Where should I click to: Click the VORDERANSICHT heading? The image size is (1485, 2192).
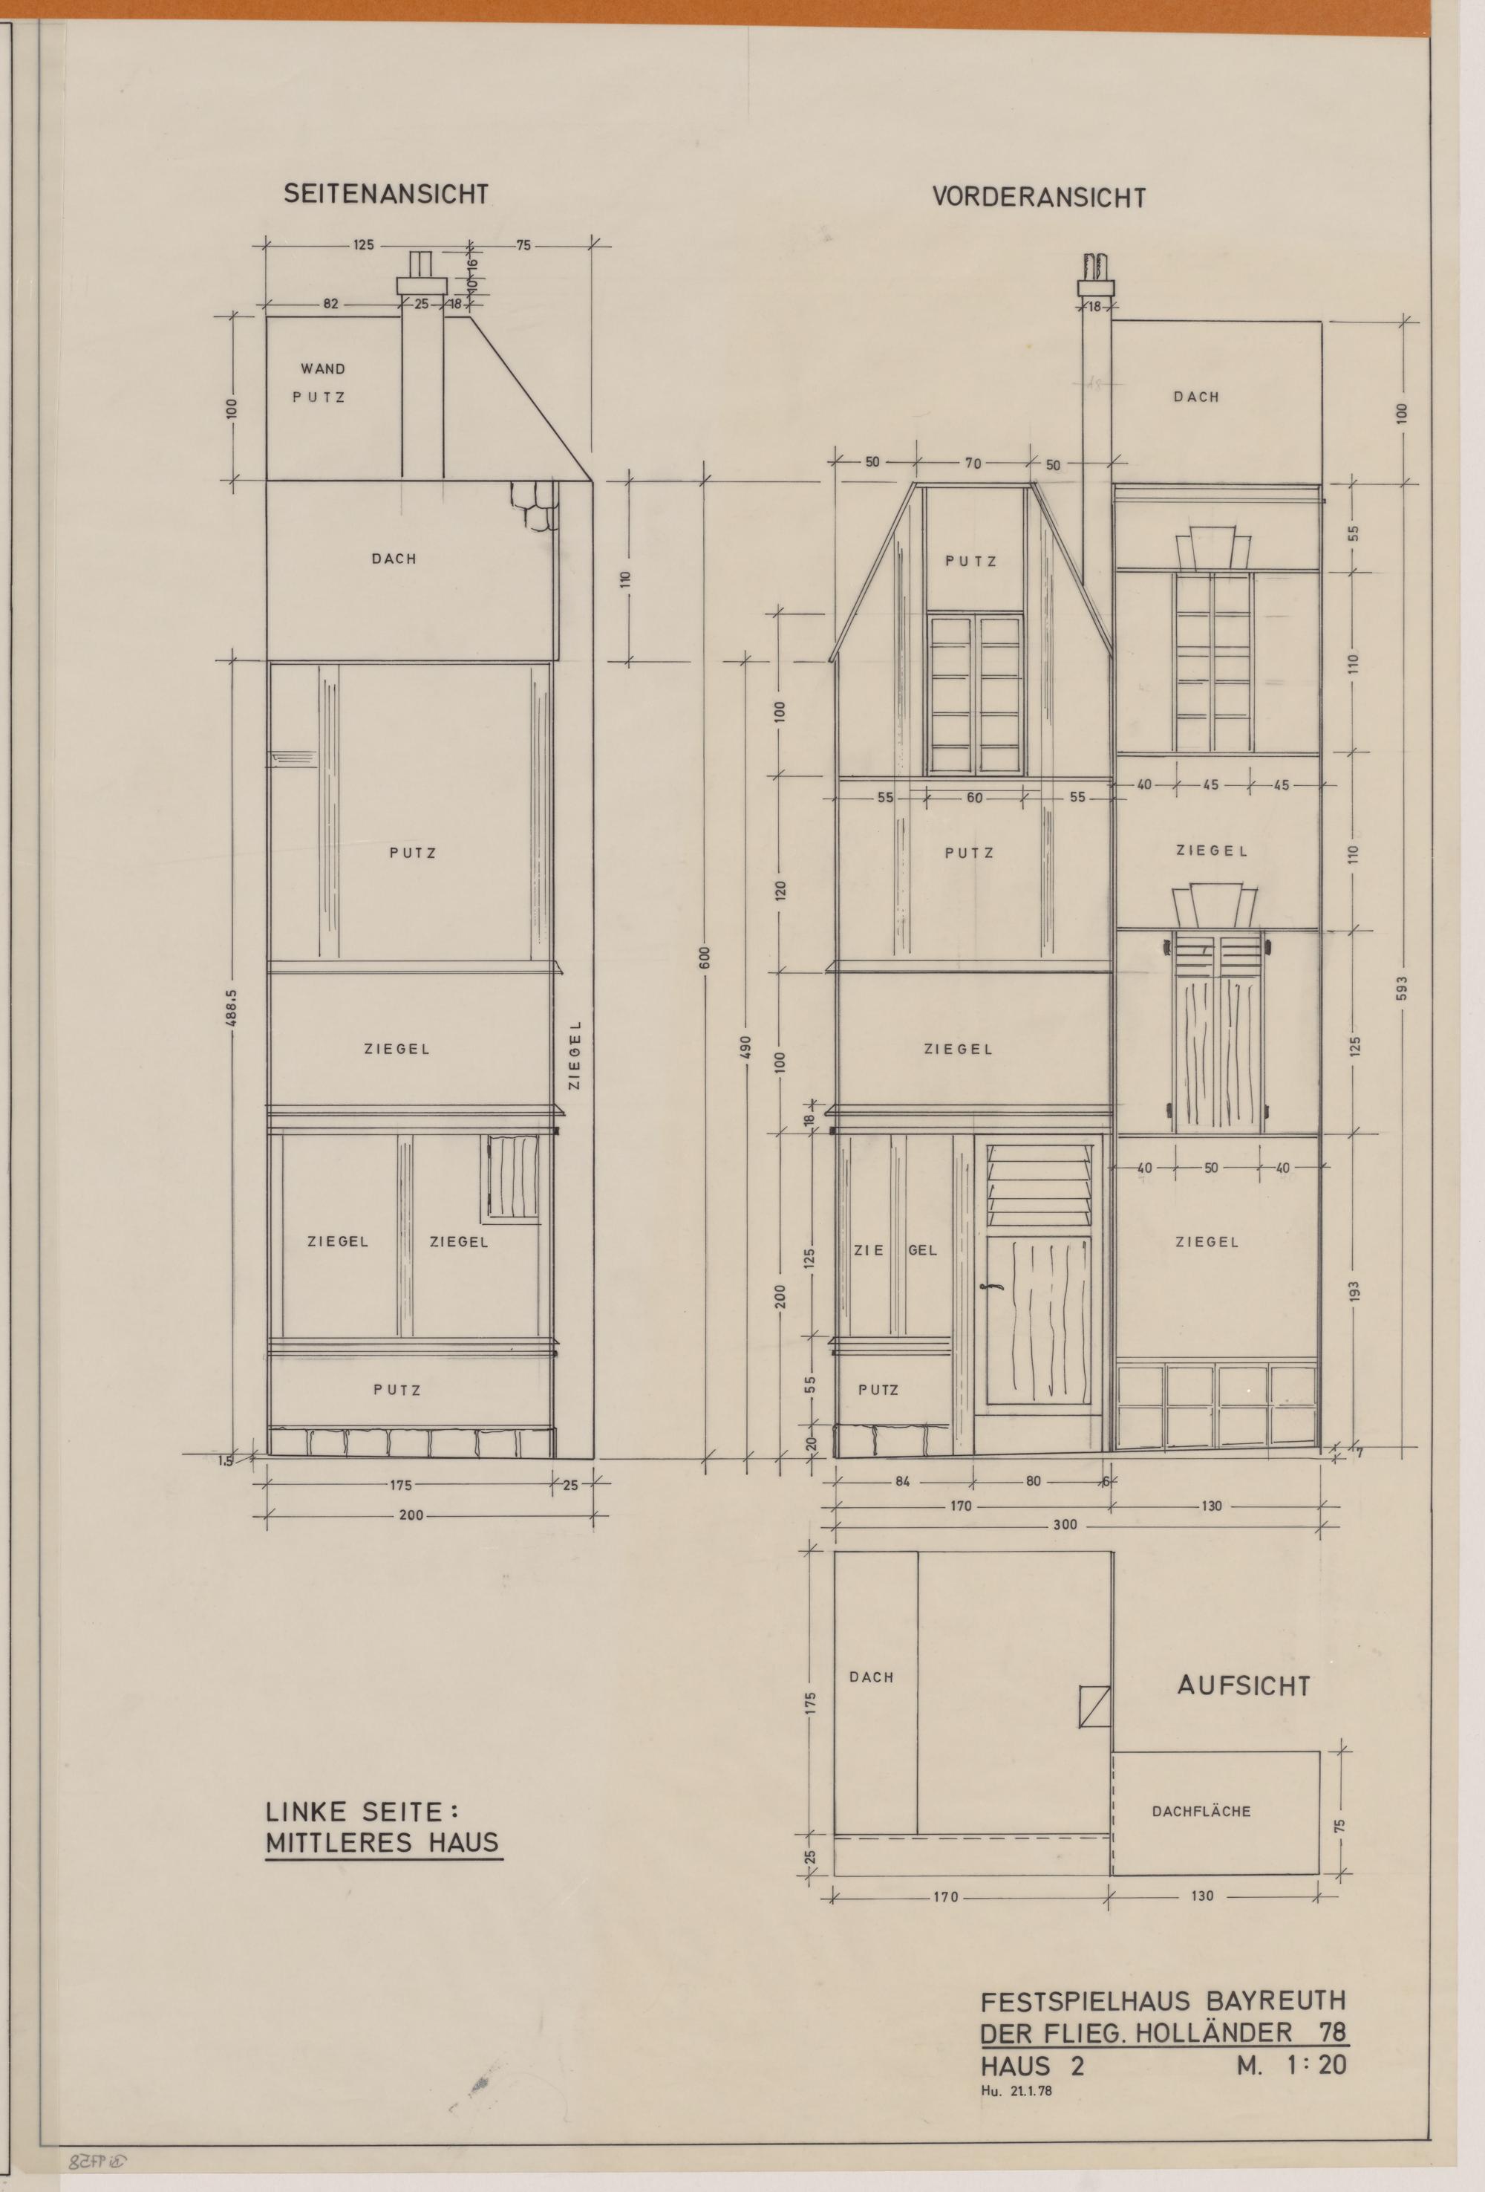(1039, 197)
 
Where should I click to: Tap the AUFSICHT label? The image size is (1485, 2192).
(1244, 1686)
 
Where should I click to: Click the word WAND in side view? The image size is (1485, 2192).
(322, 368)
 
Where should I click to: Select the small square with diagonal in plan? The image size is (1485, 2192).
(1094, 1705)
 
